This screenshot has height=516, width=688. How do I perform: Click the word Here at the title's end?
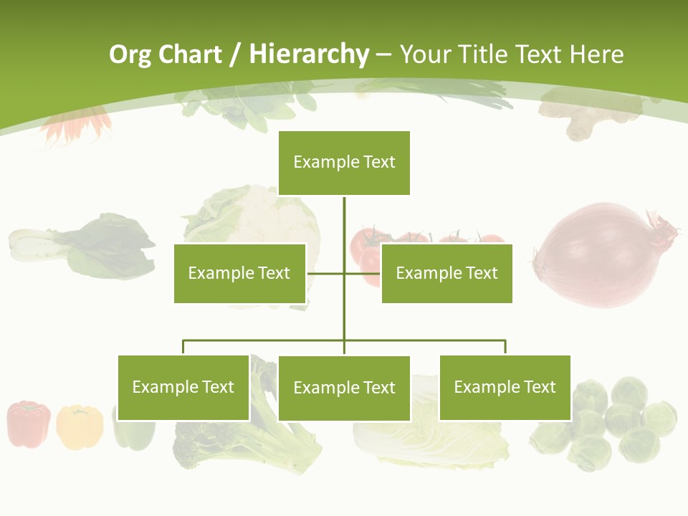[x=596, y=54]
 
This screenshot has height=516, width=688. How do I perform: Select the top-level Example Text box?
[x=344, y=163]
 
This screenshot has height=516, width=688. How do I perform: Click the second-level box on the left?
[x=239, y=273]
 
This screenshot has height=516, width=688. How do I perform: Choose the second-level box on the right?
[x=446, y=273]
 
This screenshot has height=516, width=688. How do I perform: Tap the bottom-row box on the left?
[x=183, y=388]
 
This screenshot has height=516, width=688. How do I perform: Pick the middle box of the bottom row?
[x=344, y=388]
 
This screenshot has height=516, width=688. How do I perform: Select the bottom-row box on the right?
[x=505, y=388]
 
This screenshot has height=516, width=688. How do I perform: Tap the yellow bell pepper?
[x=79, y=427]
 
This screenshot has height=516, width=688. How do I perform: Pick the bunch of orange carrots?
[x=75, y=125]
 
